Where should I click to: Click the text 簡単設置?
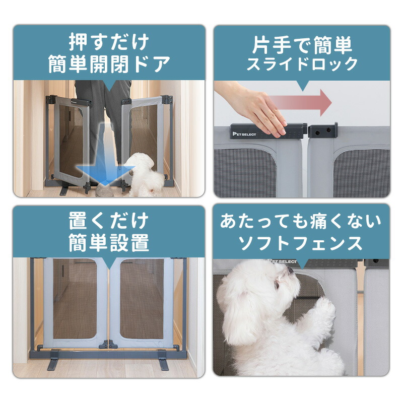click(109, 243)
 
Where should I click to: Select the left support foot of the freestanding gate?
click(54, 363)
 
